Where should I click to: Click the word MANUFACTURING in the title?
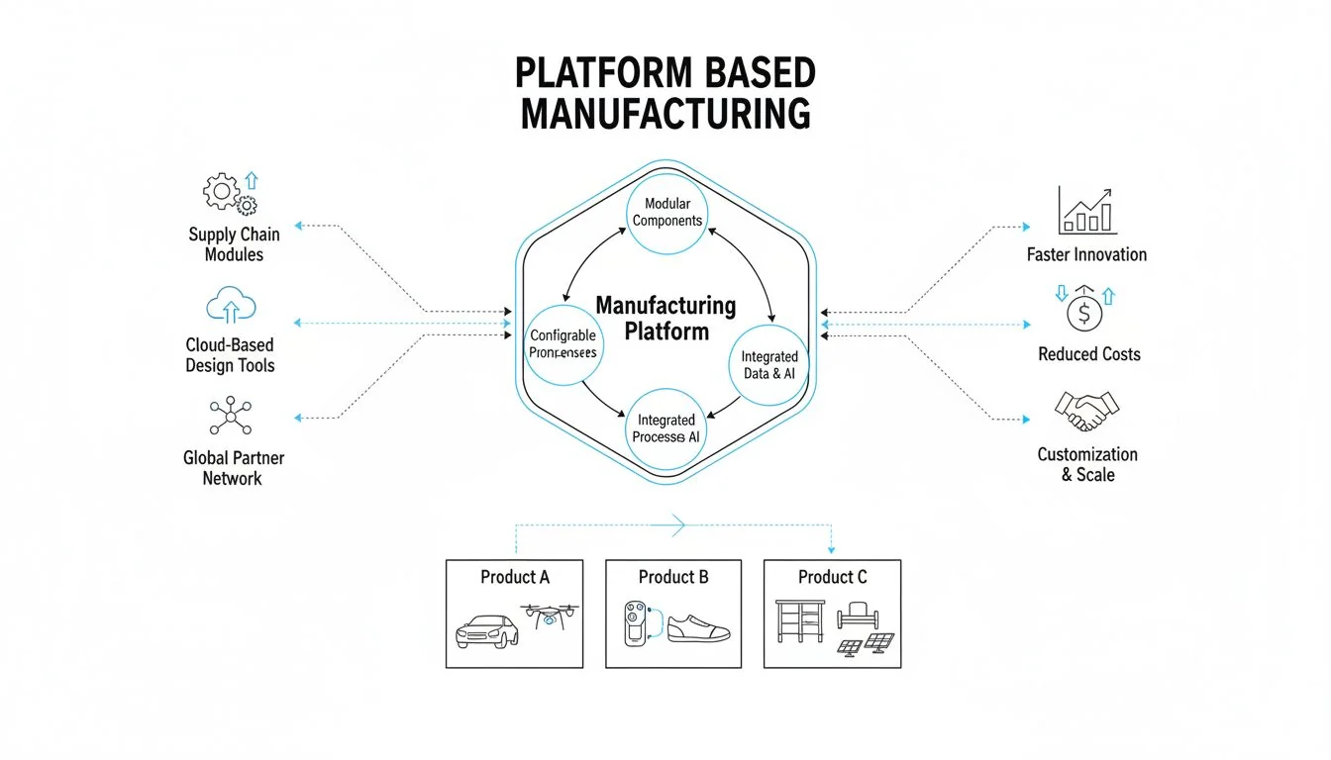tap(665, 113)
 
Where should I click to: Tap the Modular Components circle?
tap(666, 212)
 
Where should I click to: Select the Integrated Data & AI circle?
tap(769, 365)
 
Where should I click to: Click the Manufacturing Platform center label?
tap(666, 318)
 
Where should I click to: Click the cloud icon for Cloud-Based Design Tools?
tap(230, 306)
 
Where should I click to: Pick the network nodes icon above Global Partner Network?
tap(231, 416)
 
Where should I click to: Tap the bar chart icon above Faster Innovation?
tap(1086, 210)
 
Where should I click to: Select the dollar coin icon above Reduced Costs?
tap(1086, 312)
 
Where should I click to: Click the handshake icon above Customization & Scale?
tap(1086, 411)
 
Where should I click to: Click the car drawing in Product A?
tap(486, 630)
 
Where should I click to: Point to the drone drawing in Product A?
tap(550, 617)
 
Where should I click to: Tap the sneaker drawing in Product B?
tap(698, 626)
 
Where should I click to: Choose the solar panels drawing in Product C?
tap(866, 645)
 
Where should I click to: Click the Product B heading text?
tap(673, 577)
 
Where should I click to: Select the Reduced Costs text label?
tap(1088, 354)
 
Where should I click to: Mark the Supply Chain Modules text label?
tap(234, 244)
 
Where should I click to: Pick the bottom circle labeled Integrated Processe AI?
tap(666, 428)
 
